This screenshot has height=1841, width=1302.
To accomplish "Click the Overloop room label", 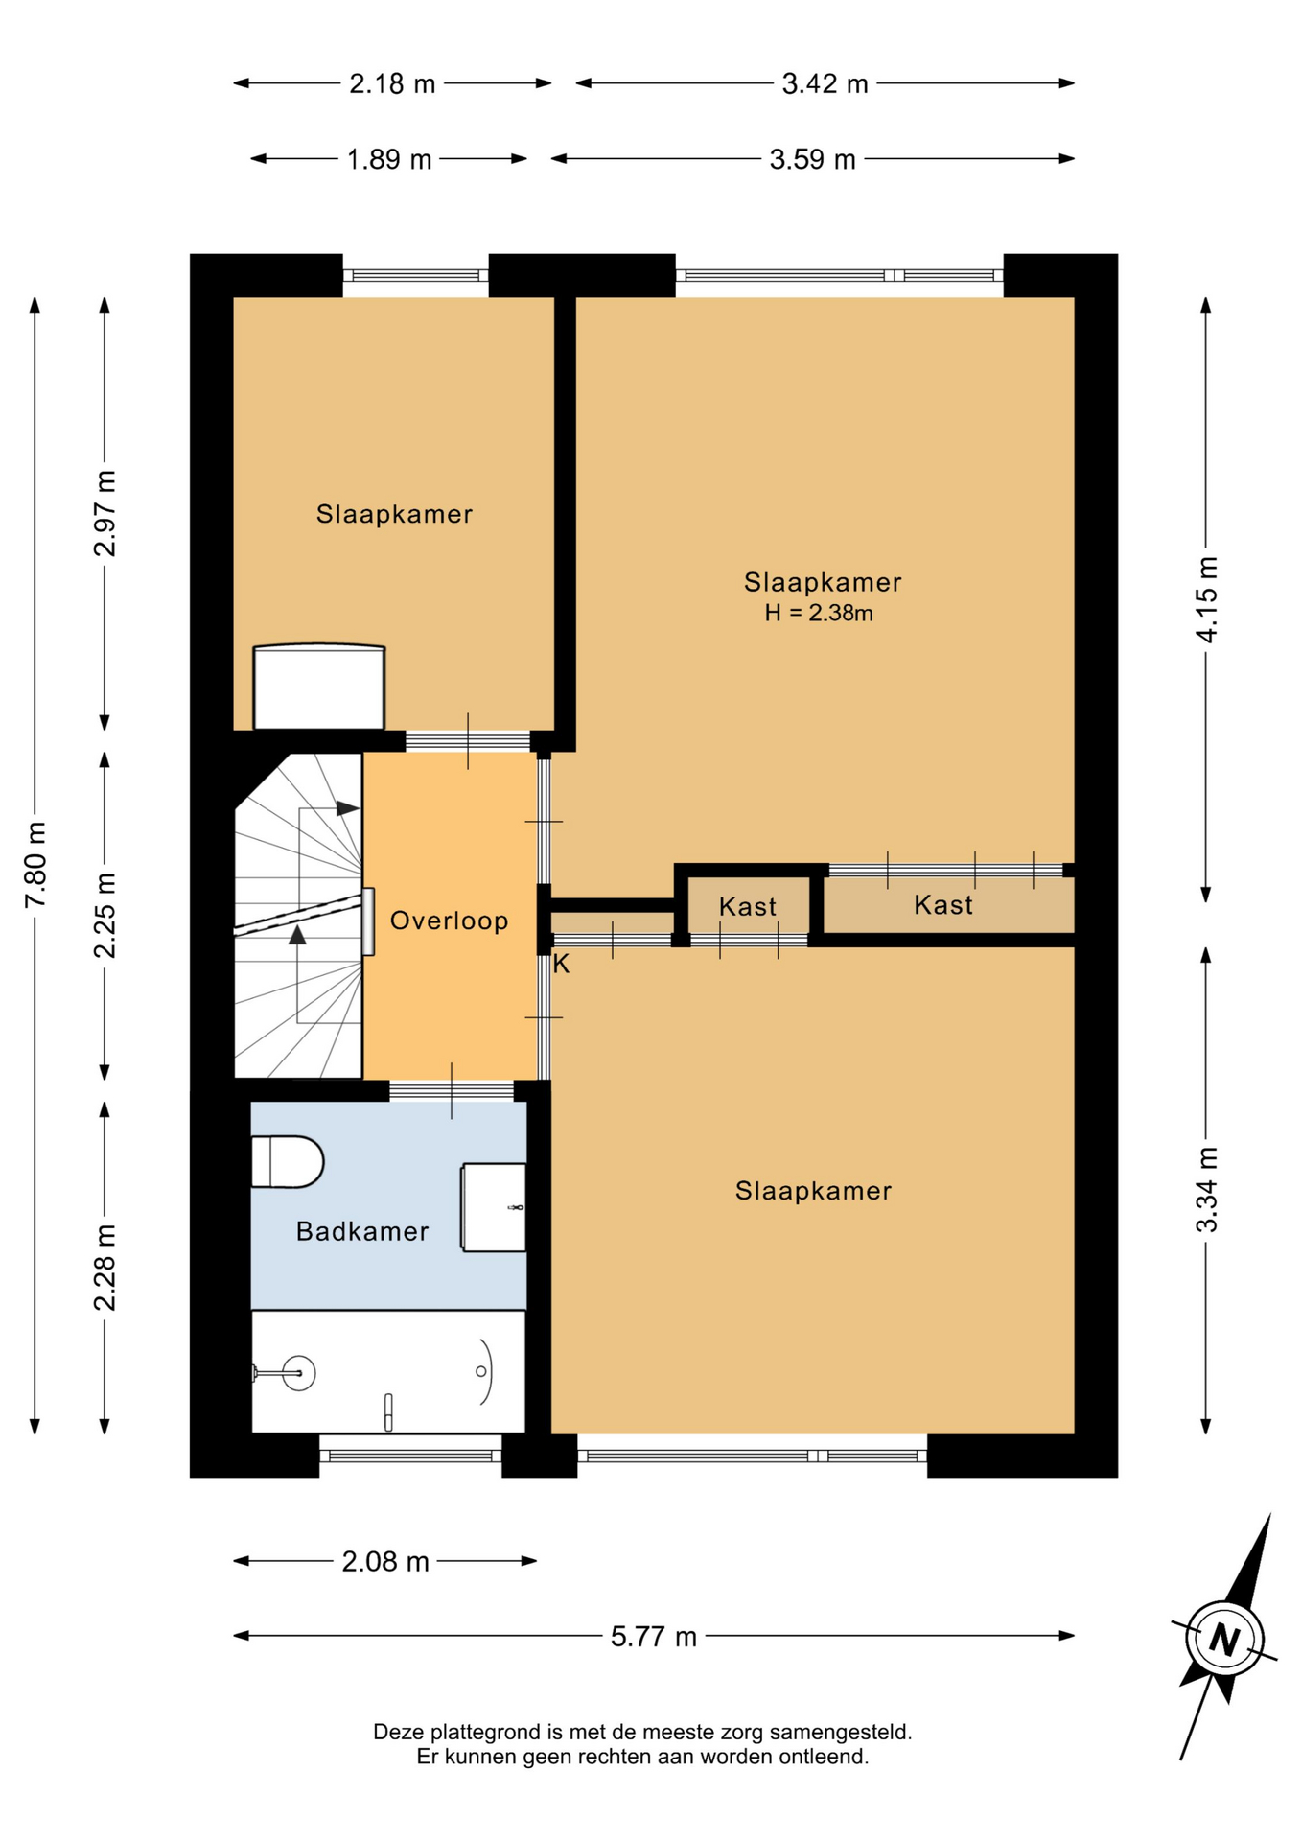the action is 449,920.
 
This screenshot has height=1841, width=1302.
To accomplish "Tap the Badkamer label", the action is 361,1231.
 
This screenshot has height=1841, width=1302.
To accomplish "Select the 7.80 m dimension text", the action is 35,864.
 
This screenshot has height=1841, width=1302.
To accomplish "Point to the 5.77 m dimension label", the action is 654,1636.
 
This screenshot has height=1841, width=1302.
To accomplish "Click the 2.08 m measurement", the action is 385,1562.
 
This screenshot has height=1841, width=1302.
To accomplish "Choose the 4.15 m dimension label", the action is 1206,599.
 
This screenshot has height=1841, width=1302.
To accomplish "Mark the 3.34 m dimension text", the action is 1206,1189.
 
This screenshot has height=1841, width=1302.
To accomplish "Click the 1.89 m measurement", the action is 389,159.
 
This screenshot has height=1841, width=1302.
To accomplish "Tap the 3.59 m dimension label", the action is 812,159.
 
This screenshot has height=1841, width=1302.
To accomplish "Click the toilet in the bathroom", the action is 287,1162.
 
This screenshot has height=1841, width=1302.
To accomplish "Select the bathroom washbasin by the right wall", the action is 494,1207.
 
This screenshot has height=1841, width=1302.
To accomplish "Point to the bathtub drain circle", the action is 481,1371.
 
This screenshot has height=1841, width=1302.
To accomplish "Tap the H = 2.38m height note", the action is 819,614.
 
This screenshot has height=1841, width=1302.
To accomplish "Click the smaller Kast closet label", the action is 748,906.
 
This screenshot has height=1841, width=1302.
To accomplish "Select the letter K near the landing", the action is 561,965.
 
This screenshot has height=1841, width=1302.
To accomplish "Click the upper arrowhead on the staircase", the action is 348,808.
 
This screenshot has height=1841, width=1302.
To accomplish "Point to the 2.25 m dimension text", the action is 105,916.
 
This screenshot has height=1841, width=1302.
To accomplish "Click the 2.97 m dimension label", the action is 105,514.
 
